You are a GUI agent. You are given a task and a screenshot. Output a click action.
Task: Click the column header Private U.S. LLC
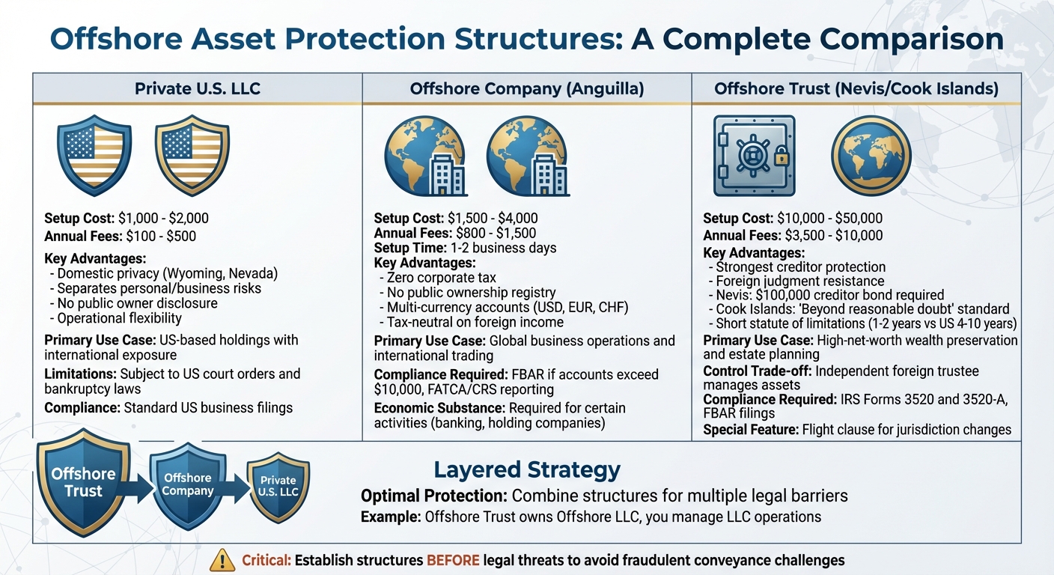pyautogui.click(x=198, y=89)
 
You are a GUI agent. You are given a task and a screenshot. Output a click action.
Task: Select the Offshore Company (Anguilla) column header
pyautogui.click(x=527, y=89)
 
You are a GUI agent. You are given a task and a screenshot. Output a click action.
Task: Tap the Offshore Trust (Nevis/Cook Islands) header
pyautogui.click(x=856, y=89)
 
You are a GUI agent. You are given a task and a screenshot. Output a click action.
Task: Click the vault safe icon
pyautogui.click(x=753, y=156)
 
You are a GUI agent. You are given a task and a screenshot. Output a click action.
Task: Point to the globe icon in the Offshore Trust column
pyautogui.click(x=871, y=156)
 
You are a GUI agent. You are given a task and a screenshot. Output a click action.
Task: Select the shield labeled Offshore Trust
pyautogui.click(x=83, y=482)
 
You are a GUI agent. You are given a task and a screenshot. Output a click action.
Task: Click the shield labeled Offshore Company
pyautogui.click(x=188, y=485)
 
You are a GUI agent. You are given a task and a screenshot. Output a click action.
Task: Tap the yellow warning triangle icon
pyautogui.click(x=222, y=559)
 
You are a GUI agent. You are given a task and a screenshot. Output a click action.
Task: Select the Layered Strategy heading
pyautogui.click(x=527, y=470)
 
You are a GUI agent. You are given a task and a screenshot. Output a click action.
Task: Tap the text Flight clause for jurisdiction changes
pyautogui.click(x=907, y=430)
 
